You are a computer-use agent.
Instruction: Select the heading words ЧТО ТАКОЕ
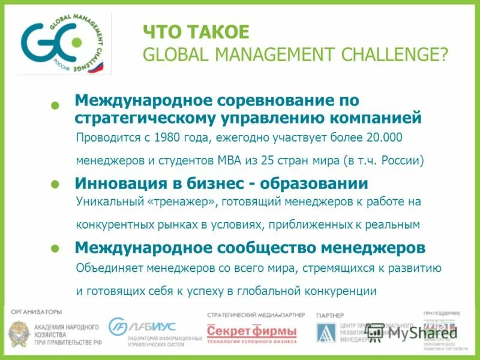(x=195, y=32)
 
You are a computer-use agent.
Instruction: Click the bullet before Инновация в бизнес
(x=55, y=184)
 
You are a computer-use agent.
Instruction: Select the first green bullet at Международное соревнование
(x=55, y=105)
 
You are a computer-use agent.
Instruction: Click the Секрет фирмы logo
(x=251, y=331)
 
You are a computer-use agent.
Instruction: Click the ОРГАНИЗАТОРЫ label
(x=37, y=311)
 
